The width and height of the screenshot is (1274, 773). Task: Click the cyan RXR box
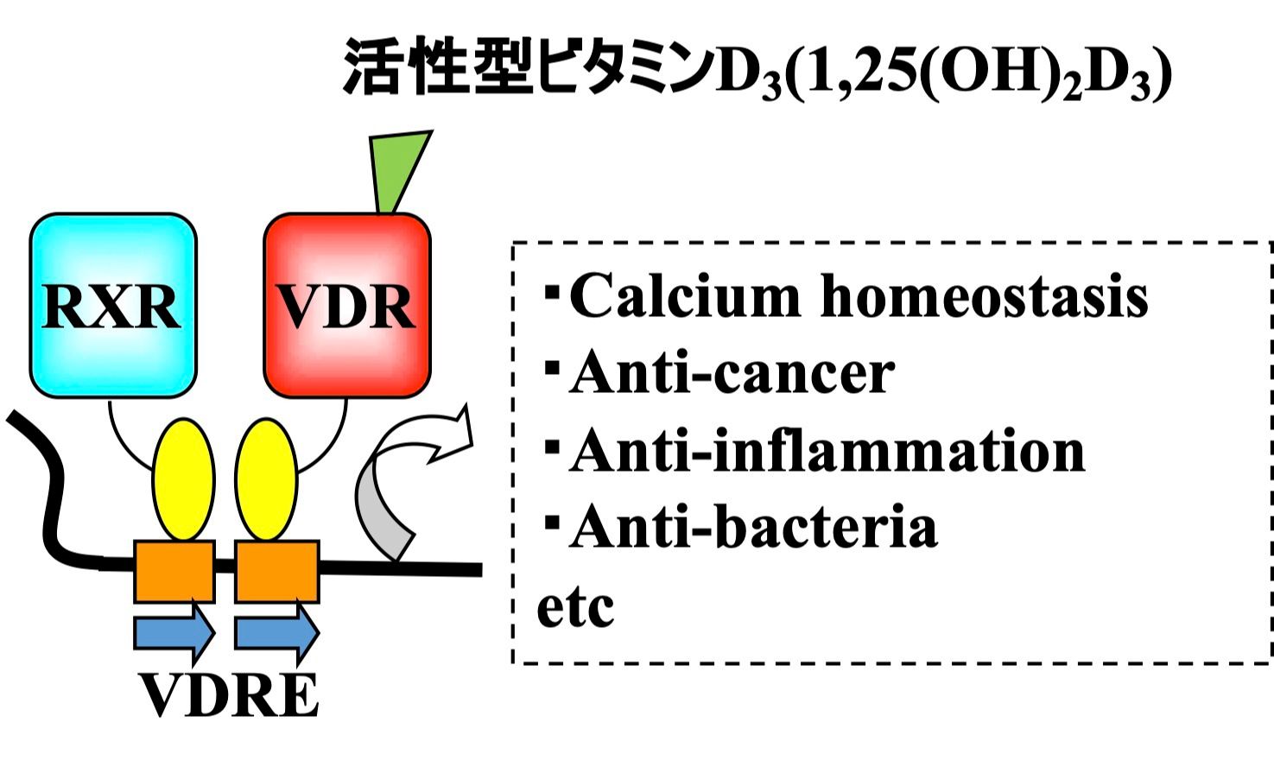(x=113, y=305)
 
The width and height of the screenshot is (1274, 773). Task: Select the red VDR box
(x=346, y=305)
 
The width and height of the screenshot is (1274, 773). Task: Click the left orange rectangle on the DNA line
(x=174, y=571)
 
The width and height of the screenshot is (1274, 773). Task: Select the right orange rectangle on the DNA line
(x=277, y=571)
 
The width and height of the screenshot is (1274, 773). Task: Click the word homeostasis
(x=984, y=296)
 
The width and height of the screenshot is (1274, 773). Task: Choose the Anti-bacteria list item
(x=752, y=527)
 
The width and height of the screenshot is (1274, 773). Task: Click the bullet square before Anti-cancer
(x=552, y=366)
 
